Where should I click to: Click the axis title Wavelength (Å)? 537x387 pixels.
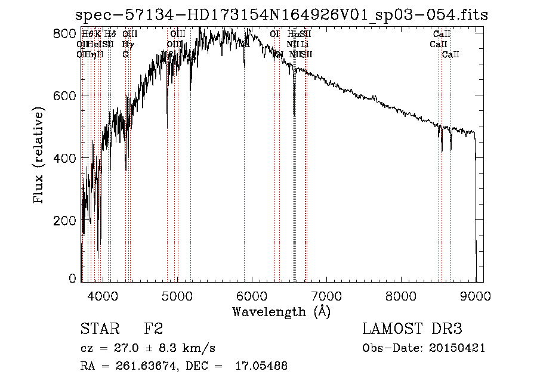pyautogui.click(x=281, y=311)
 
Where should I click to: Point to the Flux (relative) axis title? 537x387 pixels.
pyautogui.click(x=39, y=157)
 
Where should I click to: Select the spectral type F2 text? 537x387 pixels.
pyautogui.click(x=153, y=329)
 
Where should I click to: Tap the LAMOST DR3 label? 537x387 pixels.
pyautogui.click(x=412, y=329)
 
